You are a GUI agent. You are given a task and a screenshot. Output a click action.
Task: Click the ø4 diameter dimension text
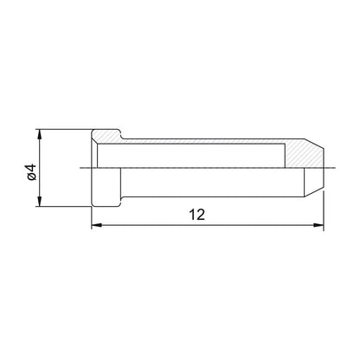(32, 172)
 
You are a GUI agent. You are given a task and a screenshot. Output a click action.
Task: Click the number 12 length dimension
(197, 215)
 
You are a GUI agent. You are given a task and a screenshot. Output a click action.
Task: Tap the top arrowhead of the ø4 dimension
(40, 134)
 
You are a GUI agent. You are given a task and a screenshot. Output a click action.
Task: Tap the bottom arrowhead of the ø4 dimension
(40, 202)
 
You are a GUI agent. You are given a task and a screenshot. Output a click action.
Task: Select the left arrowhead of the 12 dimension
(96, 225)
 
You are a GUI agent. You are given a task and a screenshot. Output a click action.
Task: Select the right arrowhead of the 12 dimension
(318, 225)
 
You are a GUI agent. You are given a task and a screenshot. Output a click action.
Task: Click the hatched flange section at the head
(107, 136)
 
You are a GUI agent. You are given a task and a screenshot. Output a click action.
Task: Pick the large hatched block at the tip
(303, 154)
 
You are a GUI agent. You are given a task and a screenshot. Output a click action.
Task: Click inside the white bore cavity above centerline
(191, 155)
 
